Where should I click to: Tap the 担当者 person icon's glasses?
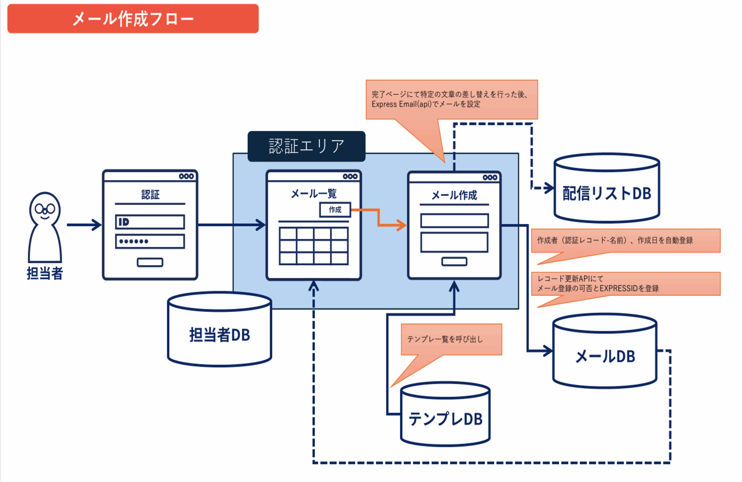45,209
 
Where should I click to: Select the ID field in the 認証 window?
150,222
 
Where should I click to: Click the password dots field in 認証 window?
150,241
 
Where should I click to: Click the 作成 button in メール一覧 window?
335,210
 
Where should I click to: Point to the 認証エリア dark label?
306,146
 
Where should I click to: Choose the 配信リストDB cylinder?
607,188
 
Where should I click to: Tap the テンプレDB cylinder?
445,415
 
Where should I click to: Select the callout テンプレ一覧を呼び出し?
451,339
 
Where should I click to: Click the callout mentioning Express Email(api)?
452,99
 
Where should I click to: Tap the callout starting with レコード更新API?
625,284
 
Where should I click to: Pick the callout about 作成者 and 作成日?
625,240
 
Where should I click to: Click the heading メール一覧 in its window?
314,194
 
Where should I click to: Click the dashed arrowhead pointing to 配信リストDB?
549,188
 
